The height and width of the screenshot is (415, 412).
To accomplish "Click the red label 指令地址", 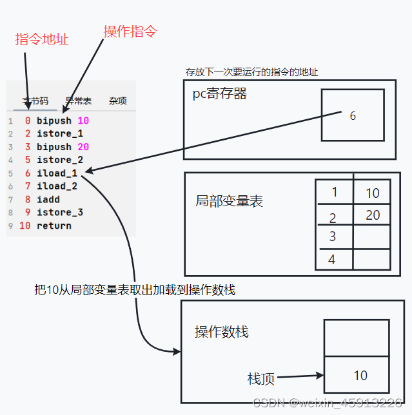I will click(x=42, y=39).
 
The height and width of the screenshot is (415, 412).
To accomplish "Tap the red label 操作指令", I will click(x=130, y=31).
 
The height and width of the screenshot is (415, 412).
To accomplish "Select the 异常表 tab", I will click(x=79, y=101).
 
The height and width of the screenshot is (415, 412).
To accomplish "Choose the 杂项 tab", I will click(x=117, y=101).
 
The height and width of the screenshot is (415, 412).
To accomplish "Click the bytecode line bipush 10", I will click(x=63, y=121).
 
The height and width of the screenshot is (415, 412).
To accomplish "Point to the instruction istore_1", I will click(x=60, y=133).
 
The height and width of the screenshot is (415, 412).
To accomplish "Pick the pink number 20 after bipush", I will click(x=83, y=147).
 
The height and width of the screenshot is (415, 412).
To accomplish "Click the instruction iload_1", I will click(x=57, y=173).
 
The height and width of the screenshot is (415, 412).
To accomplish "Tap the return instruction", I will click(x=54, y=226).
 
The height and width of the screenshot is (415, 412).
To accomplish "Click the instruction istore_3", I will click(x=60, y=213).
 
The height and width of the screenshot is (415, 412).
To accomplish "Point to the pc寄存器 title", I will click(x=220, y=94).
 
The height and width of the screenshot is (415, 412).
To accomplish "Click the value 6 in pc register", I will click(x=352, y=116).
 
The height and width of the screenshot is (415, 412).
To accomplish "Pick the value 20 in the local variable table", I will click(x=373, y=215).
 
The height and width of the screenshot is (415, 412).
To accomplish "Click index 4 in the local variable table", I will click(x=332, y=260).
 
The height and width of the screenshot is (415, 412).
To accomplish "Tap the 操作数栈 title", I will click(x=222, y=333).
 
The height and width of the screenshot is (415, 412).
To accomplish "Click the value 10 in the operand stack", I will click(x=360, y=376).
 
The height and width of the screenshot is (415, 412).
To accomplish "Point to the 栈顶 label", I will click(x=261, y=379).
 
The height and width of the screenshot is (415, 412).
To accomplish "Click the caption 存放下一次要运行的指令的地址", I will click(x=251, y=72).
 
